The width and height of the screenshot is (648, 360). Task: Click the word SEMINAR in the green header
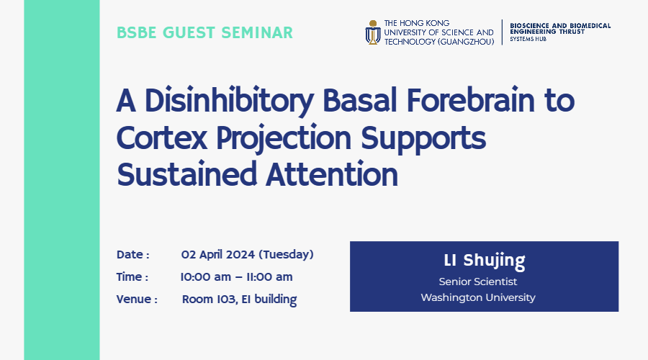[257, 32]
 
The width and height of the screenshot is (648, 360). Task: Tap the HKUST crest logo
[373, 32]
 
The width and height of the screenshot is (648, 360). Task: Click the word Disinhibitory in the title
[229, 100]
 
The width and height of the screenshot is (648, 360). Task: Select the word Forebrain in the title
[471, 100]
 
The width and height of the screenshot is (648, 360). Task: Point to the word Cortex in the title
[161, 138]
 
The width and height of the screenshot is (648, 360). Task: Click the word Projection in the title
[284, 138]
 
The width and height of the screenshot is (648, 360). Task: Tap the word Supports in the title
[423, 138]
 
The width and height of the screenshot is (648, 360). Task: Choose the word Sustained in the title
[186, 174]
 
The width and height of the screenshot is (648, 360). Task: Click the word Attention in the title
[332, 174]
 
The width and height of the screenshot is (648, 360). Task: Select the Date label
[132, 255]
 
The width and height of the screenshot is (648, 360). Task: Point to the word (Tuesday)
[286, 255]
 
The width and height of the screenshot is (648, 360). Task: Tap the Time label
[132, 277]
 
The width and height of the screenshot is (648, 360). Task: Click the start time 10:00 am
[205, 277]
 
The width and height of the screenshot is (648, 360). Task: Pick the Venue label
[137, 300]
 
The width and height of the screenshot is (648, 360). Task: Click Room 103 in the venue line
[209, 300]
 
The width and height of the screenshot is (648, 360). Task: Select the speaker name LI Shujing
[485, 261]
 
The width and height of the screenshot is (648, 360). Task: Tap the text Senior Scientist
[478, 282]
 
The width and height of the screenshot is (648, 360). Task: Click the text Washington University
[478, 297]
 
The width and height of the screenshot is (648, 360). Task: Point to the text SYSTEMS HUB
[528, 39]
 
